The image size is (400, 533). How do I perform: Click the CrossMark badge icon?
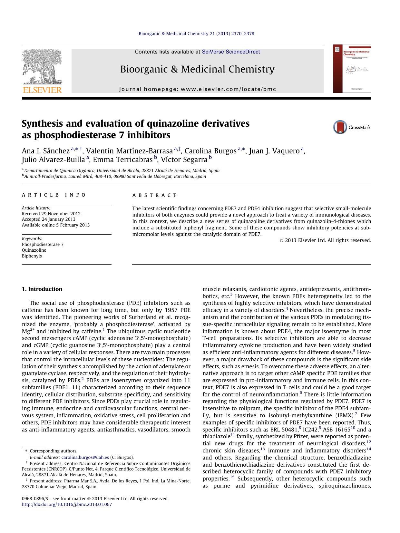tap(340, 127)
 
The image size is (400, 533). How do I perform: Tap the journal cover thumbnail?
tap(352, 69)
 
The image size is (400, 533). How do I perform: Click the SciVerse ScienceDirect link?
tap(231, 52)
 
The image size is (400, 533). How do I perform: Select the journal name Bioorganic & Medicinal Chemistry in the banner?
tap(197, 69)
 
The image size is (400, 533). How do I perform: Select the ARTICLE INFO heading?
tap(54, 195)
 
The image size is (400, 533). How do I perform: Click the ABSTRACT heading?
tap(155, 195)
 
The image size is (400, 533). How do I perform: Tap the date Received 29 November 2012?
tap(51, 214)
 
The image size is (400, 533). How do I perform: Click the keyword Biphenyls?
tap(32, 256)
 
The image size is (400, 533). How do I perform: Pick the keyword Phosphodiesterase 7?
tap(43, 245)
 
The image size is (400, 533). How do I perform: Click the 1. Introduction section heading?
tap(42, 289)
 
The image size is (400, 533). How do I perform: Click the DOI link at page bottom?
tap(67, 505)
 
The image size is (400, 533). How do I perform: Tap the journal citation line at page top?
tap(196, 34)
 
